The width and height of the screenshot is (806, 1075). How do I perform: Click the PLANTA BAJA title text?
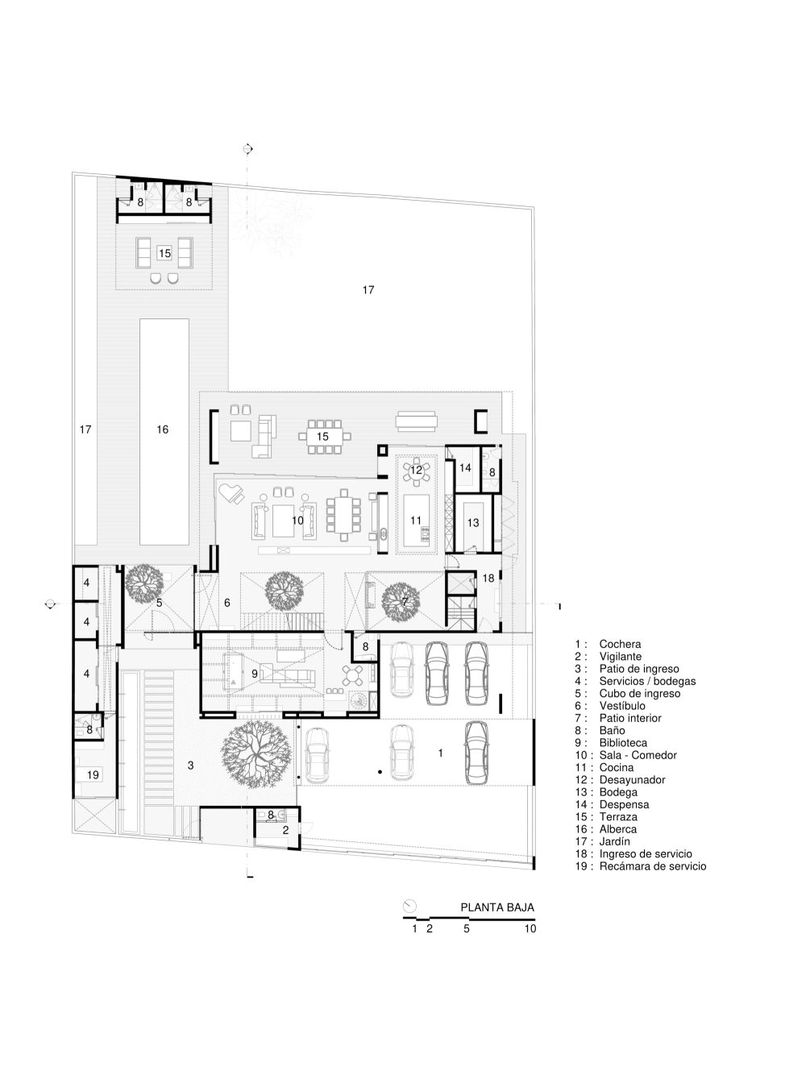(497, 907)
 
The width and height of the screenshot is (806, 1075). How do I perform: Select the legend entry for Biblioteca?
(611, 743)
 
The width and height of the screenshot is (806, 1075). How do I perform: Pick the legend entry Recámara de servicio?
(641, 865)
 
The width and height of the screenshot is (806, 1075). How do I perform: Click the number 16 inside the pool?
(163, 430)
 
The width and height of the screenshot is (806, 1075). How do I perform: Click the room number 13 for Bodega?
(473, 522)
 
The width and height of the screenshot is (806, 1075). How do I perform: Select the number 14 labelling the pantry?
(465, 467)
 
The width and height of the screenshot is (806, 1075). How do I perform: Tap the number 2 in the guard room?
(285, 830)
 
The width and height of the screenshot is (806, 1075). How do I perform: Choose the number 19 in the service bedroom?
(93, 774)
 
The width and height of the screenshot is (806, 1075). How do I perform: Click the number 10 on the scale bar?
(530, 928)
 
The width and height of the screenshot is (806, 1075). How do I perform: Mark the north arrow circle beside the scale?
(410, 905)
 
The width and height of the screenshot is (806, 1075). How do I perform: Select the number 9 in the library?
(255, 674)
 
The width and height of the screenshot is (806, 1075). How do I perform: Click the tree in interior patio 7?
(401, 601)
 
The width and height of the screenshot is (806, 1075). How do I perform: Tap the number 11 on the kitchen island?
(416, 520)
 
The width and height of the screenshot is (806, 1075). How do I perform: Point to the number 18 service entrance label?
(488, 578)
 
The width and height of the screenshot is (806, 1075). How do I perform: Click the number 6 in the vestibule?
(227, 603)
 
